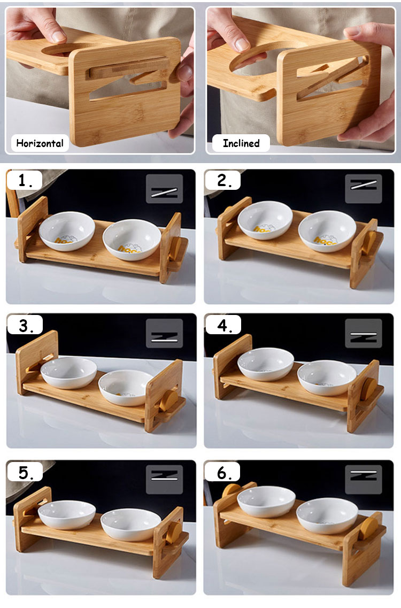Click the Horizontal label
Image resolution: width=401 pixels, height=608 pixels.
[x=40, y=143]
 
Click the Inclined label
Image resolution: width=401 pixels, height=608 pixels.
[x=241, y=143]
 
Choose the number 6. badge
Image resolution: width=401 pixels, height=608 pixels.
[x=222, y=473]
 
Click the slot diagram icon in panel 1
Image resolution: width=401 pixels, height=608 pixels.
[x=164, y=189]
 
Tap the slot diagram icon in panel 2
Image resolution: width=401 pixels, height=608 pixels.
[x=363, y=189]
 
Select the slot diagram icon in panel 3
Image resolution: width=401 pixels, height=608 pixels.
[x=164, y=334]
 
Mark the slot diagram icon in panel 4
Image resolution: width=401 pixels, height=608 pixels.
[x=363, y=334]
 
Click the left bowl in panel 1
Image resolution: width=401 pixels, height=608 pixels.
[x=67, y=231]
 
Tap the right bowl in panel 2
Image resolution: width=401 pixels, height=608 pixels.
[x=327, y=231]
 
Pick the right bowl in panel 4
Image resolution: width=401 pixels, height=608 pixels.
[x=327, y=377]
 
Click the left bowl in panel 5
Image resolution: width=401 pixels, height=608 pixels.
[x=67, y=514]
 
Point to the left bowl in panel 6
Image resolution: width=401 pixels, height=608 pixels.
[x=266, y=501]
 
